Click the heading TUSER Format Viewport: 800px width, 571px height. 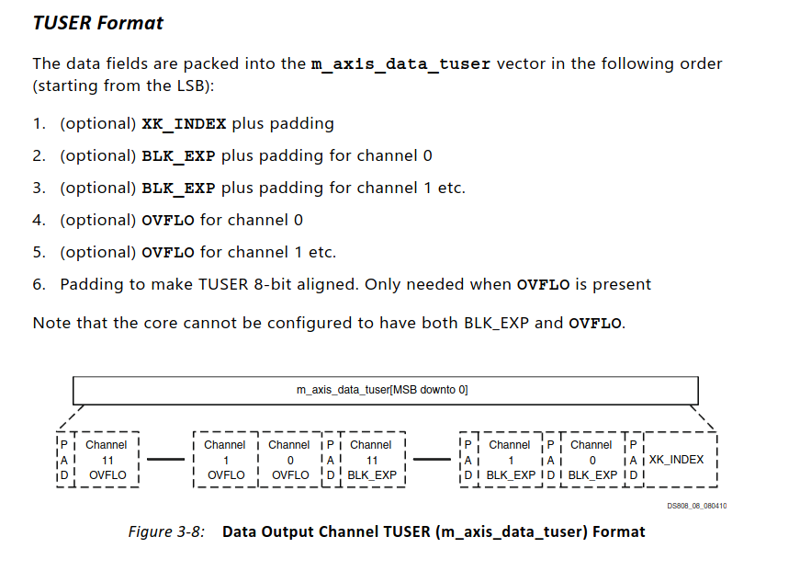click(x=97, y=23)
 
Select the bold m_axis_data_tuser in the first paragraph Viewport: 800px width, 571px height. click(x=401, y=64)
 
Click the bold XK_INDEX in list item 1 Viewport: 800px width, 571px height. click(x=184, y=123)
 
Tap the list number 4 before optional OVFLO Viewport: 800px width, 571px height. click(x=39, y=220)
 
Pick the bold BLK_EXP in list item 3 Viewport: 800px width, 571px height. click(x=178, y=188)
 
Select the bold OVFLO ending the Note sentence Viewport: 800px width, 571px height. click(x=595, y=323)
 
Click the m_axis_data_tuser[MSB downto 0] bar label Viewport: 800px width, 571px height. click(x=382, y=390)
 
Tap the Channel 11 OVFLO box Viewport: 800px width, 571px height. click(x=107, y=460)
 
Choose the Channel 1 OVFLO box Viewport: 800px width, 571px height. click(x=225, y=460)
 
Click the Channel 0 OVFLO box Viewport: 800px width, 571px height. click(x=289, y=460)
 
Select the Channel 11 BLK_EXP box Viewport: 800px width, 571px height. click(x=371, y=460)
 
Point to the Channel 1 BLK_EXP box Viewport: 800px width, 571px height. click(x=510, y=460)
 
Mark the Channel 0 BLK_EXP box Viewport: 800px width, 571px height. click(x=592, y=460)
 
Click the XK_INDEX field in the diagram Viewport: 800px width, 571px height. click(x=676, y=460)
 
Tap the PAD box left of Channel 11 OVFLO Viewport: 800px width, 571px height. click(x=62, y=460)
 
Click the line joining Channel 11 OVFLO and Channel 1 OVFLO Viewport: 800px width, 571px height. click(x=166, y=460)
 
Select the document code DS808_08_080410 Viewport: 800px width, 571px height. click(x=697, y=506)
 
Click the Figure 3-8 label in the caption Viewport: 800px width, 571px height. click(x=167, y=531)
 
